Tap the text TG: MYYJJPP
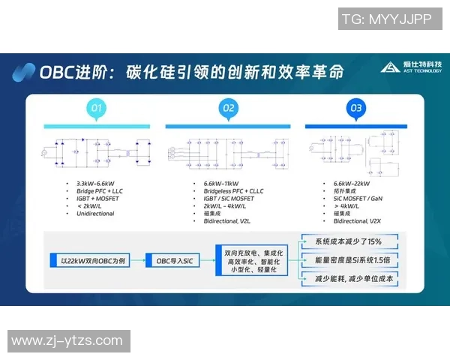386,19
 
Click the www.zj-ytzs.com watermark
67,341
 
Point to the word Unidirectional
95,214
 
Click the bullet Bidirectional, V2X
359,221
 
